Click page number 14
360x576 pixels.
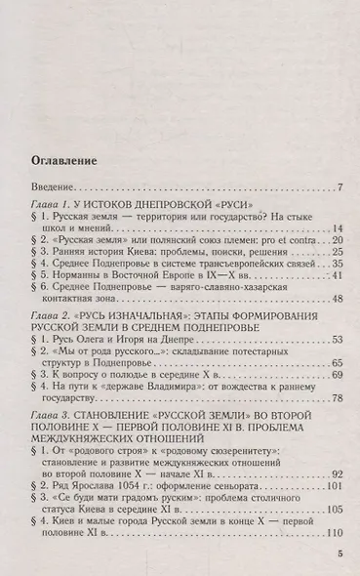334,256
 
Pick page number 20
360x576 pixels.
334,268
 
